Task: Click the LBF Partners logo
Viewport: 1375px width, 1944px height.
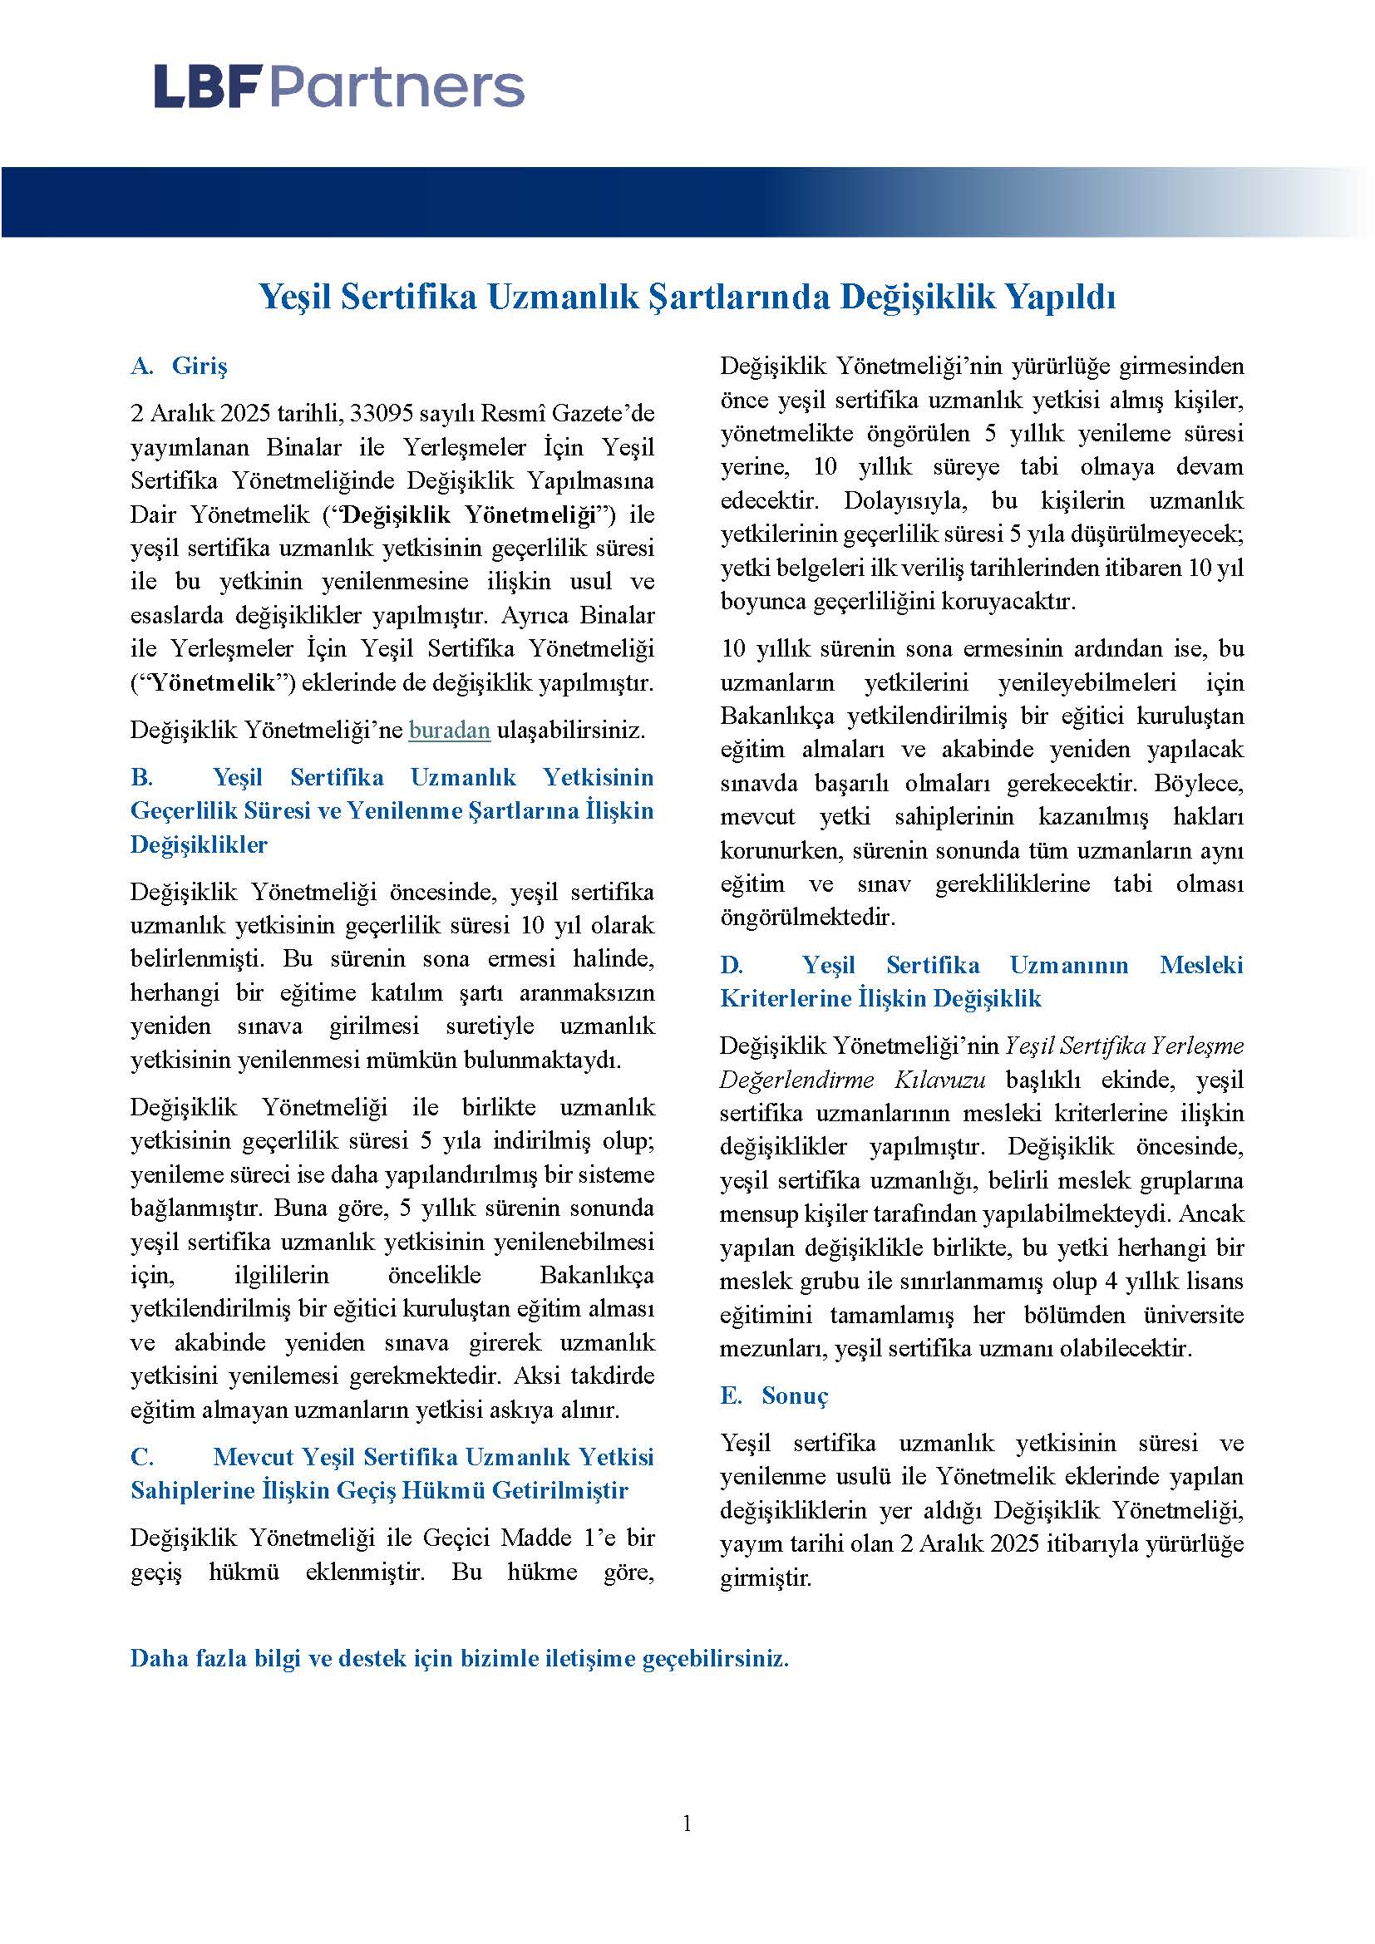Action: (x=338, y=88)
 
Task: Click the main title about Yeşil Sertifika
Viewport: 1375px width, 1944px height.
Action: (x=687, y=298)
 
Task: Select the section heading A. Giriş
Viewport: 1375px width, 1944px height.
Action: (x=180, y=366)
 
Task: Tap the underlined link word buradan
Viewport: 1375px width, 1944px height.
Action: (x=449, y=730)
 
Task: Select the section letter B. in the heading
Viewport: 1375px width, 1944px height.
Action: (x=141, y=777)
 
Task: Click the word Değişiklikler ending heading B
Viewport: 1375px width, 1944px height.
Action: (x=199, y=844)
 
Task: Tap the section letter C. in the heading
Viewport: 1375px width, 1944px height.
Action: (x=141, y=1456)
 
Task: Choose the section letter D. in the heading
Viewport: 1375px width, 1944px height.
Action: (x=732, y=965)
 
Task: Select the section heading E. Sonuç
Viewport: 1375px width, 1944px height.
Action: (x=774, y=1395)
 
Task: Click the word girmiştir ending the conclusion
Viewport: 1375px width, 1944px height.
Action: (x=766, y=1578)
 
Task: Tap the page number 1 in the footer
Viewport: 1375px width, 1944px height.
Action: (x=687, y=1823)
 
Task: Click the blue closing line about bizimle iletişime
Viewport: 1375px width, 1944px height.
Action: (x=459, y=1658)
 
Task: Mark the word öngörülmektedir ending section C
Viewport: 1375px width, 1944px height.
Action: (x=807, y=917)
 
